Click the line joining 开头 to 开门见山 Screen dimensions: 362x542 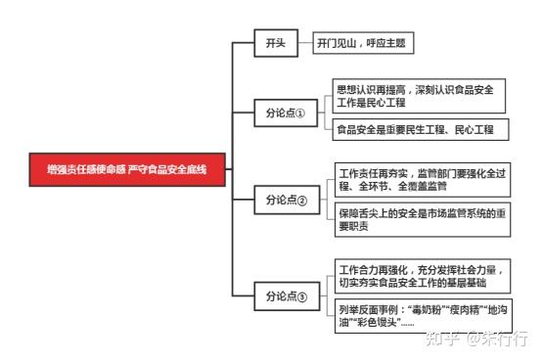pyautogui.click(x=304, y=43)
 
